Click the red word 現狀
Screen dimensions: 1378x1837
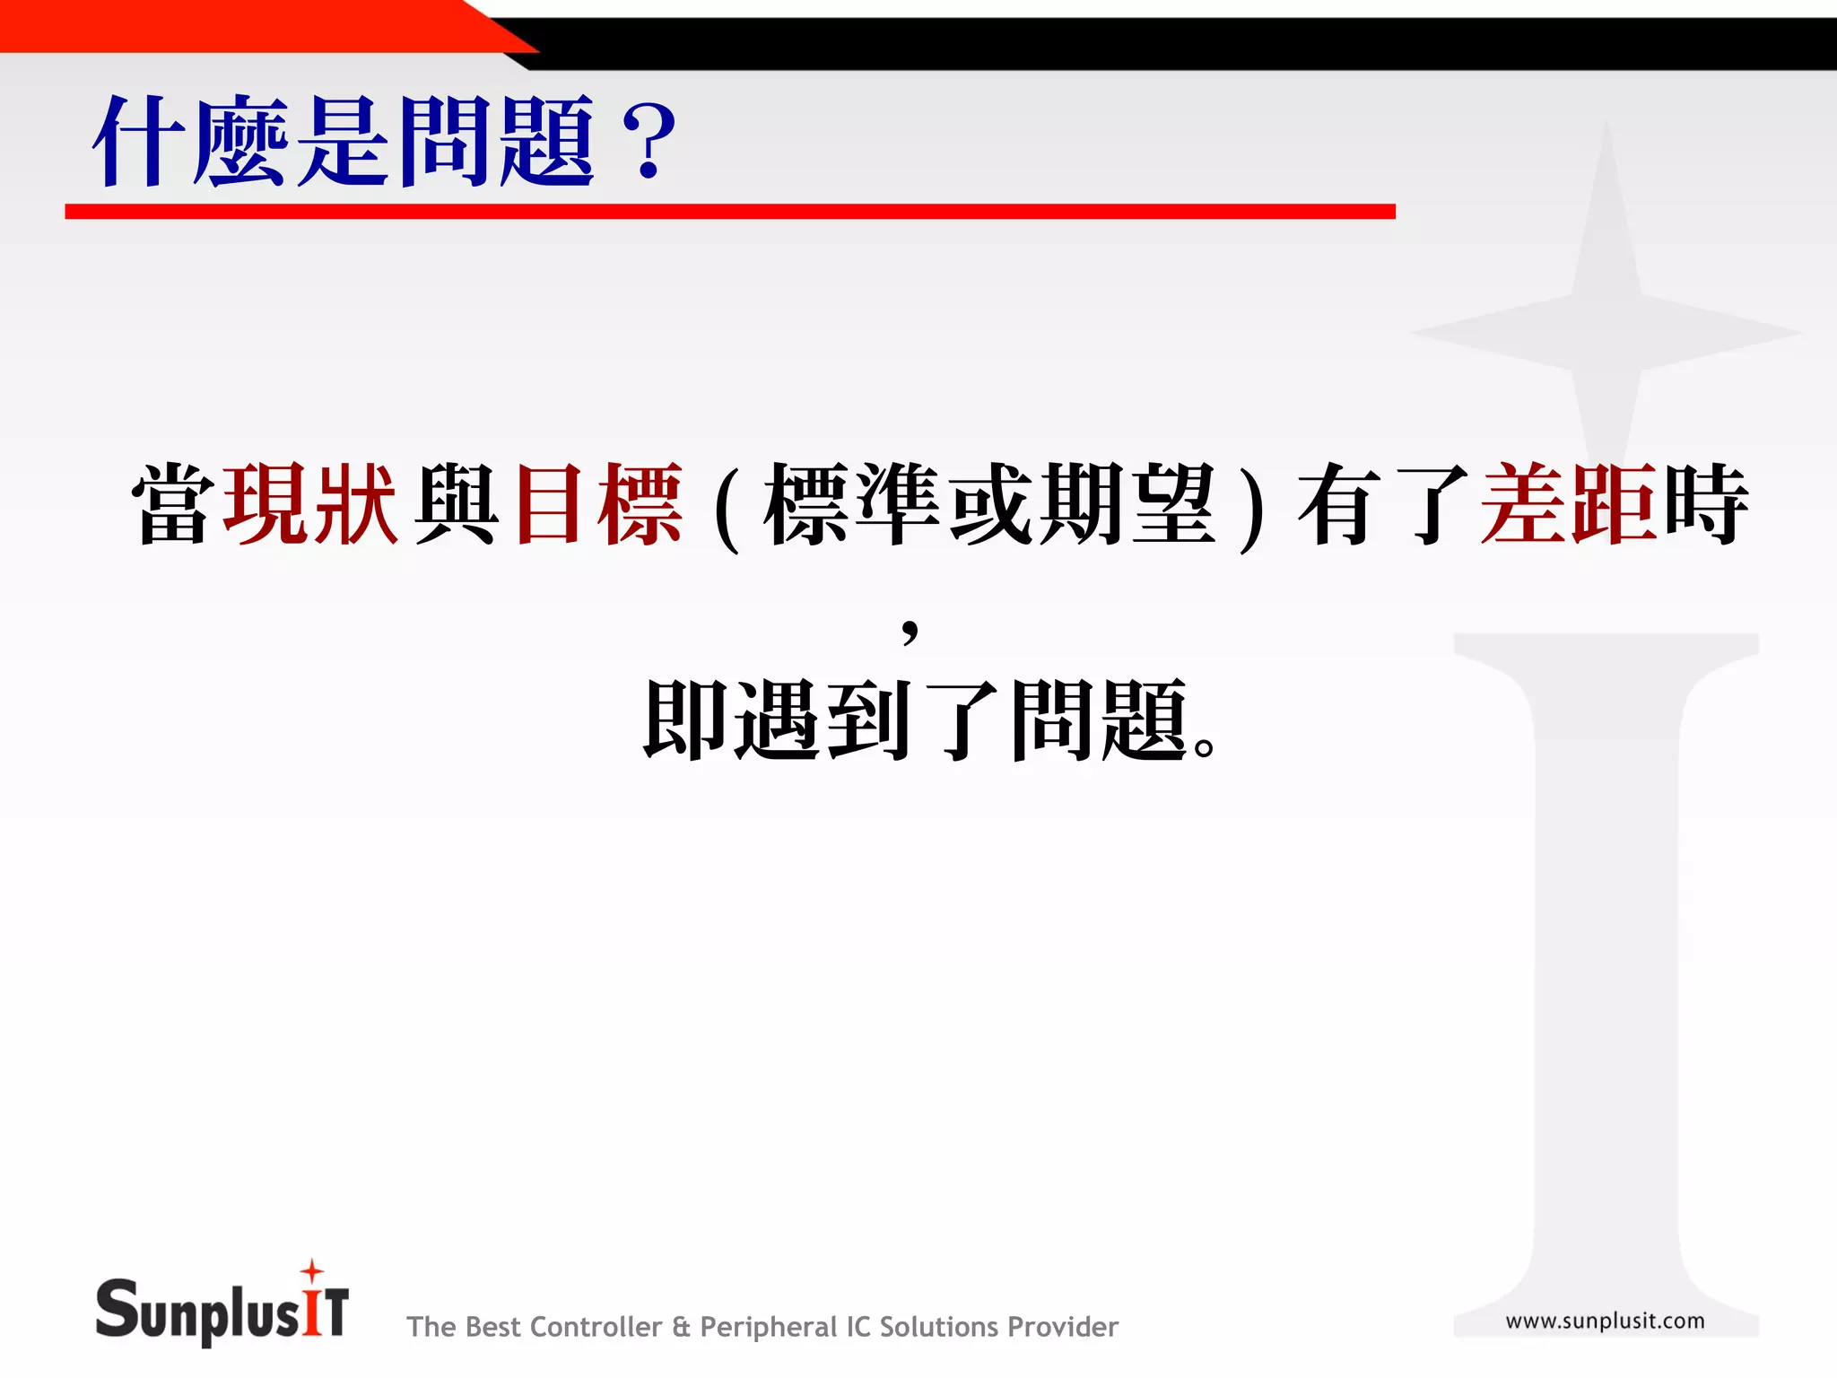310,504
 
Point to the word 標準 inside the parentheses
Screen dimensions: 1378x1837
852,504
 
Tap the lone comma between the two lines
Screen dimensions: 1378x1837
910,631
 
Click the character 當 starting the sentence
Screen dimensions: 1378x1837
173,504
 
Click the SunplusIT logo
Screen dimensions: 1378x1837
222,1310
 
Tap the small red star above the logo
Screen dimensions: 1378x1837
312,1270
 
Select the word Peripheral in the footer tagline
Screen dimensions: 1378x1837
768,1327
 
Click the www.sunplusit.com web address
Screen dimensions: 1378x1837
1605,1321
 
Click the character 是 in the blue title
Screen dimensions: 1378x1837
345,142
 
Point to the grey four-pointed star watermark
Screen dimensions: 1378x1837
1606,332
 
